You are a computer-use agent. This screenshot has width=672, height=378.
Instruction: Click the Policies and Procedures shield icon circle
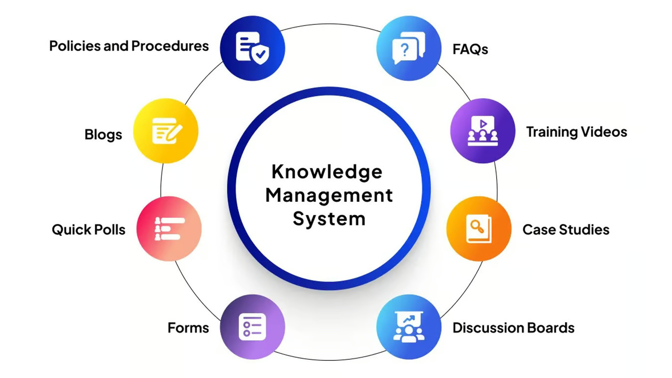coord(252,48)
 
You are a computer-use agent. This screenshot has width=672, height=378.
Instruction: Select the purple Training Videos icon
coord(482,131)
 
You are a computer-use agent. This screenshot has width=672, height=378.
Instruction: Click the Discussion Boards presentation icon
coord(409,327)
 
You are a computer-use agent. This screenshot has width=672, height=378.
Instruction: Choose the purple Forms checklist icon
coord(252,327)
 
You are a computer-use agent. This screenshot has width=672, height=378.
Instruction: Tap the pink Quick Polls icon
coord(169,229)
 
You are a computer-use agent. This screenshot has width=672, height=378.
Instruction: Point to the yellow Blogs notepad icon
coord(166,131)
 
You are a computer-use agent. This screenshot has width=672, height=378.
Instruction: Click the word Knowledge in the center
coord(327,172)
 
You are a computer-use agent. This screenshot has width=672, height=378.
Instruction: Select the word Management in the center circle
coord(329,195)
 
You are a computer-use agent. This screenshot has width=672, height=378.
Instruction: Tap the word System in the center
coord(329,219)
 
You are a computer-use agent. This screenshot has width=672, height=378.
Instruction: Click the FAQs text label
coord(470,49)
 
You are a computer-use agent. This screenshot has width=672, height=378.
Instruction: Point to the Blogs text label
coord(103,134)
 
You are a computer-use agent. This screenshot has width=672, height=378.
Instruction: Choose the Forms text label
coord(188,328)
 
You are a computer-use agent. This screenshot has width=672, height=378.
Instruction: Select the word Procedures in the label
coord(170,46)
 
